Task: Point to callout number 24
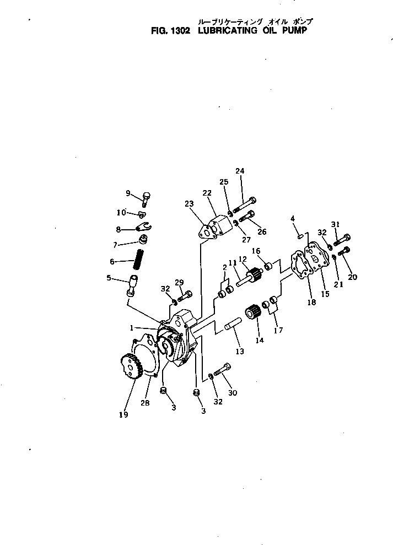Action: tap(240, 171)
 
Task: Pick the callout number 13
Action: tap(239, 350)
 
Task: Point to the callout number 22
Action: tap(207, 193)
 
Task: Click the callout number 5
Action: tap(109, 278)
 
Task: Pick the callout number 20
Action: tap(352, 277)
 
